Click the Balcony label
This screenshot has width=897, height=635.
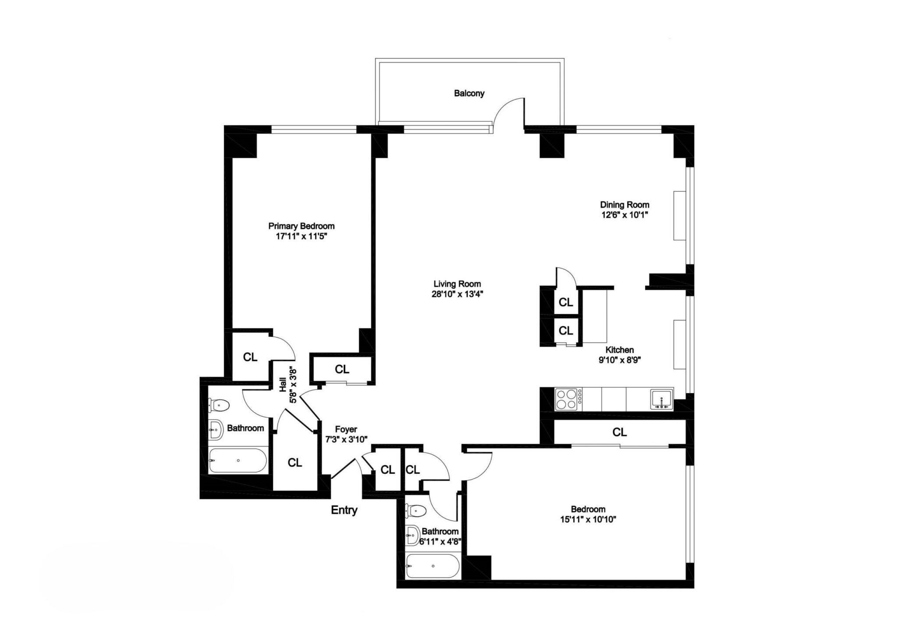click(x=469, y=93)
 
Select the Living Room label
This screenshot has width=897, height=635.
click(x=457, y=284)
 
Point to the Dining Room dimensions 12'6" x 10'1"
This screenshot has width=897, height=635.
click(x=625, y=215)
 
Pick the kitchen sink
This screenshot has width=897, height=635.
click(x=662, y=399)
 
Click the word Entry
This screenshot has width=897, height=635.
click(x=344, y=510)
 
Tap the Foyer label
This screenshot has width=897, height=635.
click(x=346, y=429)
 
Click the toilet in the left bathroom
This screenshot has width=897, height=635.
click(x=219, y=405)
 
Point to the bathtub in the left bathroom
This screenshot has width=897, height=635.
click(x=238, y=460)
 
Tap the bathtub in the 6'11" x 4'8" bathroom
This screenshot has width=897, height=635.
click(x=433, y=566)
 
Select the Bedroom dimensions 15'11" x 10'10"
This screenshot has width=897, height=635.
click(x=588, y=520)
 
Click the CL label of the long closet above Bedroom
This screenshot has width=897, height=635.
click(x=619, y=432)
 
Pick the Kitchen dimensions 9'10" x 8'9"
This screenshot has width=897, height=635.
click(x=620, y=360)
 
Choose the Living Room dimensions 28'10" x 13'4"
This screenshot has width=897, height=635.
click(x=457, y=294)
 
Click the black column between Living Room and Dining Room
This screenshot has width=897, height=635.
click(x=552, y=145)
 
